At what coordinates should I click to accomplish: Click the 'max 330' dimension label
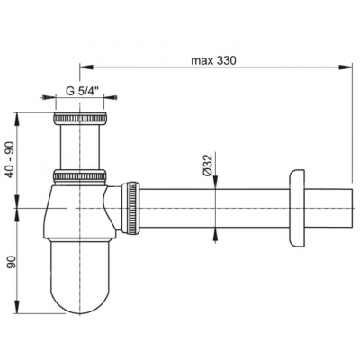214,61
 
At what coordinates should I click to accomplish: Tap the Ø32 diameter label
207,166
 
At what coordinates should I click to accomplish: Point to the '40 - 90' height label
11,160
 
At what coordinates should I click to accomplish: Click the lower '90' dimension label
11,262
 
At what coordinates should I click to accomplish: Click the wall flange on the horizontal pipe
297,209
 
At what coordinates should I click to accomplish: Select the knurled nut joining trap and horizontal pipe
130,208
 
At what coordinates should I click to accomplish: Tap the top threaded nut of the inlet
80,119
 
